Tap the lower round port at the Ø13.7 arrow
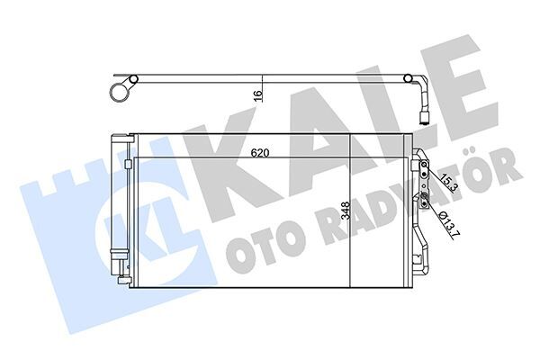[424, 196]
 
